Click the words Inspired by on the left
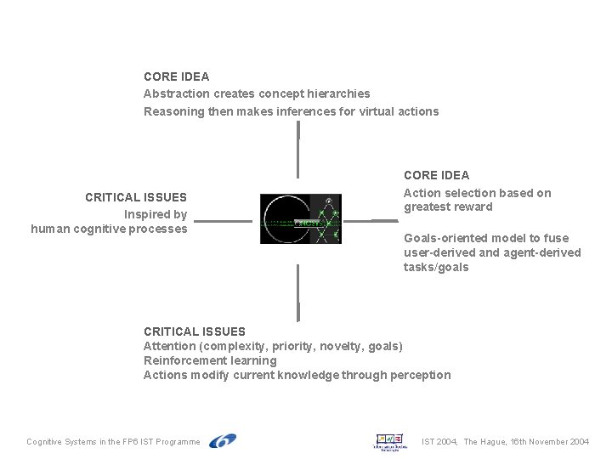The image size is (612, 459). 156,214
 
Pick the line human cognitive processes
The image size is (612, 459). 109,229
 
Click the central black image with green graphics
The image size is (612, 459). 300,219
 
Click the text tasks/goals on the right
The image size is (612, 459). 436,268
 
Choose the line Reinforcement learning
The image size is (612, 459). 210,360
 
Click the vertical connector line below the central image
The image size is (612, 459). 298,292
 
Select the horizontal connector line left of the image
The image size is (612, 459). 223,221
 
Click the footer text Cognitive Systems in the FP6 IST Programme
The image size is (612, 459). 114,442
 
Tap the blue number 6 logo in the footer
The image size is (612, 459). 222,441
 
